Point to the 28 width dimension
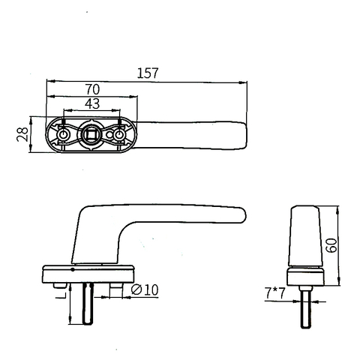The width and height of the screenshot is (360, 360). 21,135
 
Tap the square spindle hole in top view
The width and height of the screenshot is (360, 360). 92,135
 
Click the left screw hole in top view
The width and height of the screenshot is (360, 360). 64,135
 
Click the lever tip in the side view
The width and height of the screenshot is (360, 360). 240,216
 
